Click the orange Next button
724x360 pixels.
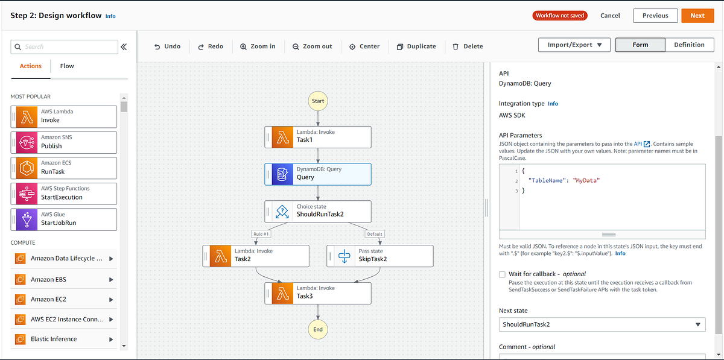click(x=697, y=16)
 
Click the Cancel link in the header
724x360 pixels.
click(x=610, y=16)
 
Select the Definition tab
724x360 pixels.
click(x=689, y=45)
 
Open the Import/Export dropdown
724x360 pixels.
click(x=574, y=45)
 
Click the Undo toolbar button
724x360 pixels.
click(x=167, y=46)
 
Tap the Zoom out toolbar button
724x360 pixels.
click(x=312, y=46)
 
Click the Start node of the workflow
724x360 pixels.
click(x=318, y=101)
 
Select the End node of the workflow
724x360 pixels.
click(x=318, y=329)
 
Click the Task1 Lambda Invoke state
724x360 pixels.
click(x=318, y=136)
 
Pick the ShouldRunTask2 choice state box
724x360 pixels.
click(x=318, y=211)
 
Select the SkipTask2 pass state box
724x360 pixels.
click(x=379, y=256)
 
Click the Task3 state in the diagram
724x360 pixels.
click(x=318, y=293)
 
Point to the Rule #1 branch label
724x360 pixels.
click(x=260, y=234)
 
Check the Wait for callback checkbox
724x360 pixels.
click(x=503, y=274)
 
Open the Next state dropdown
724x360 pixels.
click(x=602, y=324)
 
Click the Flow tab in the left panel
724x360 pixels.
click(x=67, y=66)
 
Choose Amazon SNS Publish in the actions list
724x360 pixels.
click(x=64, y=142)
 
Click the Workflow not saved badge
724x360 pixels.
click(x=560, y=16)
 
